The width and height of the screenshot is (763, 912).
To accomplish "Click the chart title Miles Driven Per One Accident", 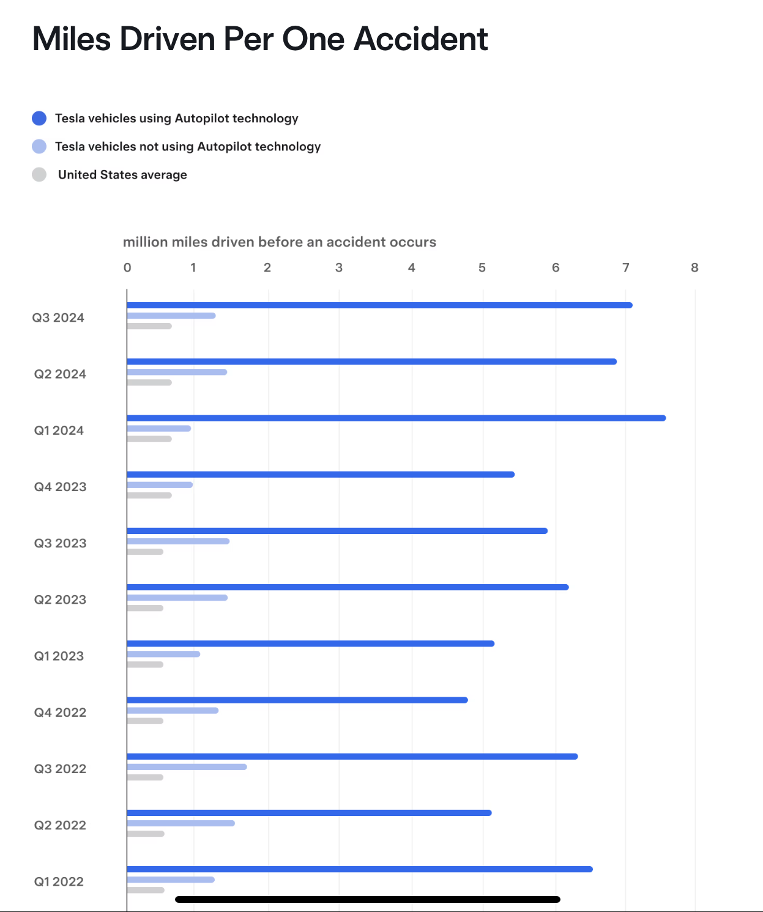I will pyautogui.click(x=260, y=40).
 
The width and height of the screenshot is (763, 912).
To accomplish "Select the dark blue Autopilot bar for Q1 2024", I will pyautogui.click(x=396, y=418).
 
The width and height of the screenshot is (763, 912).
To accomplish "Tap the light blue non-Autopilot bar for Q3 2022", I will pyautogui.click(x=187, y=767).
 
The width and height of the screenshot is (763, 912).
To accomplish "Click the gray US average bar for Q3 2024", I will pyautogui.click(x=149, y=326).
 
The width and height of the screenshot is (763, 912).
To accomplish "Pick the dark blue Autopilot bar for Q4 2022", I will pyautogui.click(x=297, y=700).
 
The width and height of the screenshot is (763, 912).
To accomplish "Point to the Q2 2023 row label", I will pyautogui.click(x=60, y=599).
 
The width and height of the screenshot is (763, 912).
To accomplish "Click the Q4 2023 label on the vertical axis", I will pyautogui.click(x=60, y=487).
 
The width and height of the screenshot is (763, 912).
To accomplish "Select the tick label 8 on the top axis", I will pyautogui.click(x=694, y=267).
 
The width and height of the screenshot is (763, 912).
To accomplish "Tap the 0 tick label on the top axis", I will pyautogui.click(x=127, y=267).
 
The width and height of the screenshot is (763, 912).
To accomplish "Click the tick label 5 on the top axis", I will pyautogui.click(x=482, y=267).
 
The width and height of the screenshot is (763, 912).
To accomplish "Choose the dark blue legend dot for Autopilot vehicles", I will pyautogui.click(x=39, y=118).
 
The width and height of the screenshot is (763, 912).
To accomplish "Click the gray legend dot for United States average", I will pyautogui.click(x=39, y=174).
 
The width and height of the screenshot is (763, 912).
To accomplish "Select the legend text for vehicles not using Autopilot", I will pyautogui.click(x=188, y=147).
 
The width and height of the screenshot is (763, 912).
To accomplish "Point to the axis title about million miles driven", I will pyautogui.click(x=280, y=242).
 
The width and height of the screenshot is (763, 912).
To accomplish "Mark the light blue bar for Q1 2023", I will pyautogui.click(x=163, y=654).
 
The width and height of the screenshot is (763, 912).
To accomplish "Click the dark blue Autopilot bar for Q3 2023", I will pyautogui.click(x=337, y=531).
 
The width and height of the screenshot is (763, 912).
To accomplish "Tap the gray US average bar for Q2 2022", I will pyautogui.click(x=146, y=834).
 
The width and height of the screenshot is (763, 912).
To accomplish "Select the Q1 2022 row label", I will pyautogui.click(x=59, y=881).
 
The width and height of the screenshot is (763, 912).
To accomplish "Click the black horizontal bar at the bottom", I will pyautogui.click(x=367, y=899).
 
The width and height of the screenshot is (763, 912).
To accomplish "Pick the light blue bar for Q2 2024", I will pyautogui.click(x=177, y=372).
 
